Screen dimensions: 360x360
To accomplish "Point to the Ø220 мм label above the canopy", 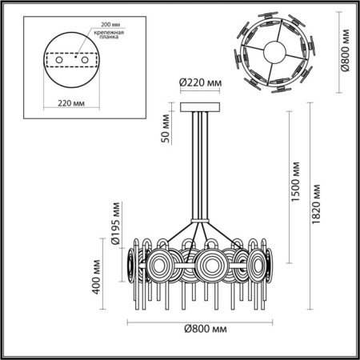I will coord(197,82).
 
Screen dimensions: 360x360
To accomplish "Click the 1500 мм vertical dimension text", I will coord(295,188).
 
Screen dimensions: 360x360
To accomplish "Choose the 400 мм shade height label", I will coord(96,277).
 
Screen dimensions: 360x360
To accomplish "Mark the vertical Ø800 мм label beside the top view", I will coord(345,51).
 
